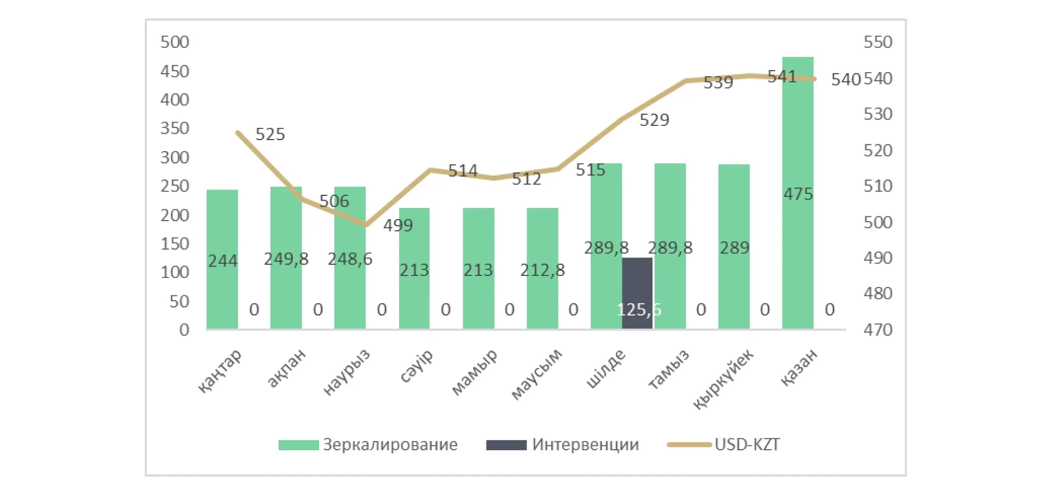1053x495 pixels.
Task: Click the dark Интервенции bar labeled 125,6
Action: pyautogui.click(x=637, y=293)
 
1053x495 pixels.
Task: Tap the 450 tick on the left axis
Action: pyautogui.click(x=175, y=71)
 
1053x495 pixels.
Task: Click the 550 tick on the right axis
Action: pyautogui.click(x=878, y=42)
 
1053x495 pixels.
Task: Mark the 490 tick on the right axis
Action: pyautogui.click(x=878, y=258)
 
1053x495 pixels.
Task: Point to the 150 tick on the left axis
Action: pyautogui.click(x=175, y=244)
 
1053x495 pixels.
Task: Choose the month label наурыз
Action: pyautogui.click(x=346, y=372)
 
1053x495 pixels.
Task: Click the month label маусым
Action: pyautogui.click(x=537, y=374)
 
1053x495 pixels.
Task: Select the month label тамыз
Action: pyautogui.click(x=668, y=370)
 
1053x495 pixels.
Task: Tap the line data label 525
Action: pyautogui.click(x=270, y=134)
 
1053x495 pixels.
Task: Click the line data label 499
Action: pyautogui.click(x=398, y=225)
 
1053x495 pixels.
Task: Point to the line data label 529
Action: pyautogui.click(x=654, y=120)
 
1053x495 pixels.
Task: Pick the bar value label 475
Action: pyautogui.click(x=798, y=194)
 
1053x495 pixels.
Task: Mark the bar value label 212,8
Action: pyautogui.click(x=542, y=270)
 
